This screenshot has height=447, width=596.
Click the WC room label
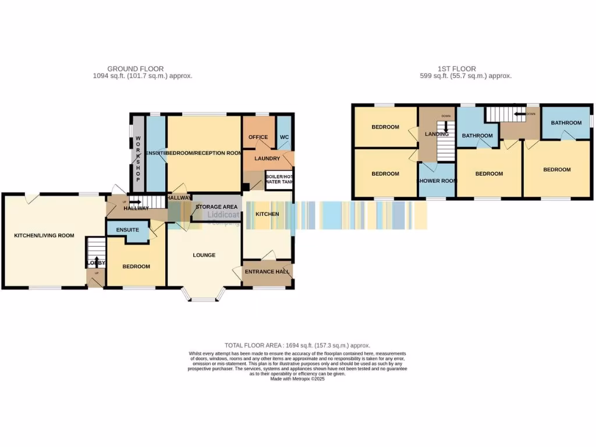click(x=284, y=137)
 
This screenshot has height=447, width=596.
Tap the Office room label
click(x=258, y=137)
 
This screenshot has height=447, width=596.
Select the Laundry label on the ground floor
click(x=267, y=158)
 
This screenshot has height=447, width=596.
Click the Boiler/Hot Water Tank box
click(x=279, y=179)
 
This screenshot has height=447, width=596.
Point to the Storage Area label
click(x=217, y=207)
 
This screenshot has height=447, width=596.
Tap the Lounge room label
click(x=204, y=255)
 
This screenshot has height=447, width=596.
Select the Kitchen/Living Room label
click(x=44, y=235)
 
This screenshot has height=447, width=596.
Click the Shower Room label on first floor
click(x=437, y=180)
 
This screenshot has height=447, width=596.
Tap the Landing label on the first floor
click(x=437, y=134)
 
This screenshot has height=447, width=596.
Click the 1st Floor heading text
click(x=456, y=69)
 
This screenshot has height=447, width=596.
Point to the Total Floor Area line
click(x=297, y=345)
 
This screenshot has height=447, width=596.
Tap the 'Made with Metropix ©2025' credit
click(x=297, y=379)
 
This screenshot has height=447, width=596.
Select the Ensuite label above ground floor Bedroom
click(x=127, y=230)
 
